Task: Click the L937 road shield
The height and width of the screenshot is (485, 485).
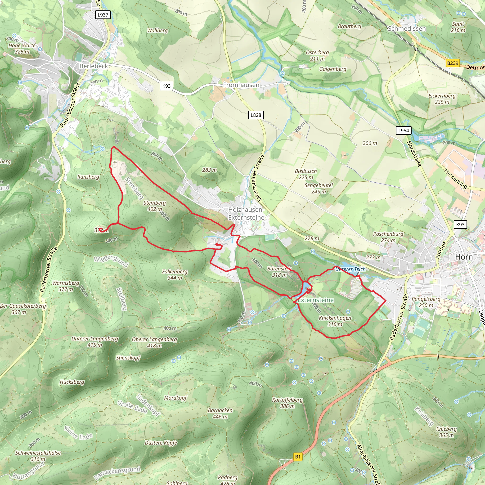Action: pos(103,15)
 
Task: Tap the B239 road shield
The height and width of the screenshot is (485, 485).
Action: pos(453,63)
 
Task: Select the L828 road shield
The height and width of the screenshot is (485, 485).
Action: pos(256,115)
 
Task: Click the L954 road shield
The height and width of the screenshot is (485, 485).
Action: pos(403,130)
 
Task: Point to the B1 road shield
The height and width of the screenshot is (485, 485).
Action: pos(298,457)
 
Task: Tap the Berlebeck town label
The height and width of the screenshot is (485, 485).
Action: pos(94,66)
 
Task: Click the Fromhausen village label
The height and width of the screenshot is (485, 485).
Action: pos(241,85)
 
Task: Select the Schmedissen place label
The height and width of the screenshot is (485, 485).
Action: pos(407,29)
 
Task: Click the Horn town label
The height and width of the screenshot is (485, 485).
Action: pos(464,257)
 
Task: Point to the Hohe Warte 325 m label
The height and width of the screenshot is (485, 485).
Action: pos(22,49)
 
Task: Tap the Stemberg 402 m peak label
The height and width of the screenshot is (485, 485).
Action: pos(154,206)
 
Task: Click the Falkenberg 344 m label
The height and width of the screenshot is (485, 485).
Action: pos(175,275)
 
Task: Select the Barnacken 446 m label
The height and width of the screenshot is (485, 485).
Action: pos(220,413)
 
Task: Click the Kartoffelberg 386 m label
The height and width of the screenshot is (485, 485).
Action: pos(287,403)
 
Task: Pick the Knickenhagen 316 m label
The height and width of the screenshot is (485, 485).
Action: pos(335,321)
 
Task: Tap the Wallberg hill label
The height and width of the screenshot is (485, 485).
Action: pos(157,30)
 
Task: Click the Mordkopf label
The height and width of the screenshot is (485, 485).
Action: pos(175,398)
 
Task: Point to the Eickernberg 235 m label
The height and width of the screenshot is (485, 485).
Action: pos(442,99)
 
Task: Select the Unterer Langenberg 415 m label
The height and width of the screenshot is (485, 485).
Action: pos(95,342)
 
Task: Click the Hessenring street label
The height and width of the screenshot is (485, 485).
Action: pos(456,179)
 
